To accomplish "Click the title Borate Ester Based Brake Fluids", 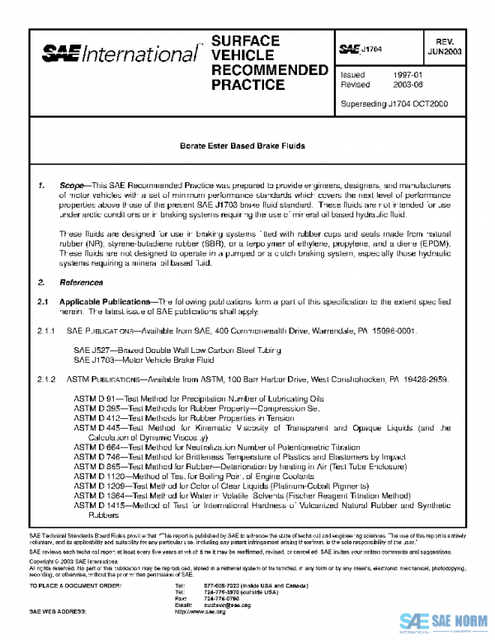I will coord(243,146).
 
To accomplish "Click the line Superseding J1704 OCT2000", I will coord(392,105).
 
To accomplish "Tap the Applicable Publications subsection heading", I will coord(107,303).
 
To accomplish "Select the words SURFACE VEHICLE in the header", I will coord(245,49).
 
